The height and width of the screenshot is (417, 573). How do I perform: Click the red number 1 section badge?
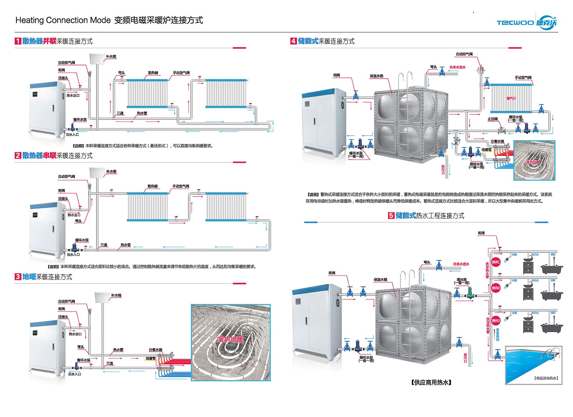18,41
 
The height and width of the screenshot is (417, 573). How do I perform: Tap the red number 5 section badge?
391,215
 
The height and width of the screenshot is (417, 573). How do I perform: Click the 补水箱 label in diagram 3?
116,295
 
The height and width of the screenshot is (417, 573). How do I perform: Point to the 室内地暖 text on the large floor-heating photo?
230,339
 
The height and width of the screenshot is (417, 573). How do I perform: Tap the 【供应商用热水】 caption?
432,383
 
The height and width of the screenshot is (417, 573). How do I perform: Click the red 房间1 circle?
496,262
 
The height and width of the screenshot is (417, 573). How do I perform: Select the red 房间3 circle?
496,321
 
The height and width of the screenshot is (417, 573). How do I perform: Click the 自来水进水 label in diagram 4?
458,67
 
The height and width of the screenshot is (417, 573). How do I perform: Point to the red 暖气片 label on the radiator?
511,98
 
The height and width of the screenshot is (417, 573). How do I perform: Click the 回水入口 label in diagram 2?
73,255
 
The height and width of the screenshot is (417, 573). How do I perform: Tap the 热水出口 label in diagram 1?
73,95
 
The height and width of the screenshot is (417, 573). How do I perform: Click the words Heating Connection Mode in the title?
63,20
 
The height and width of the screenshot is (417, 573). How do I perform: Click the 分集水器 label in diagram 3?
155,350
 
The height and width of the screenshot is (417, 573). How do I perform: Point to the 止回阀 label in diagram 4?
492,119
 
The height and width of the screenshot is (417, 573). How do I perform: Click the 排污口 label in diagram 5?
465,357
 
